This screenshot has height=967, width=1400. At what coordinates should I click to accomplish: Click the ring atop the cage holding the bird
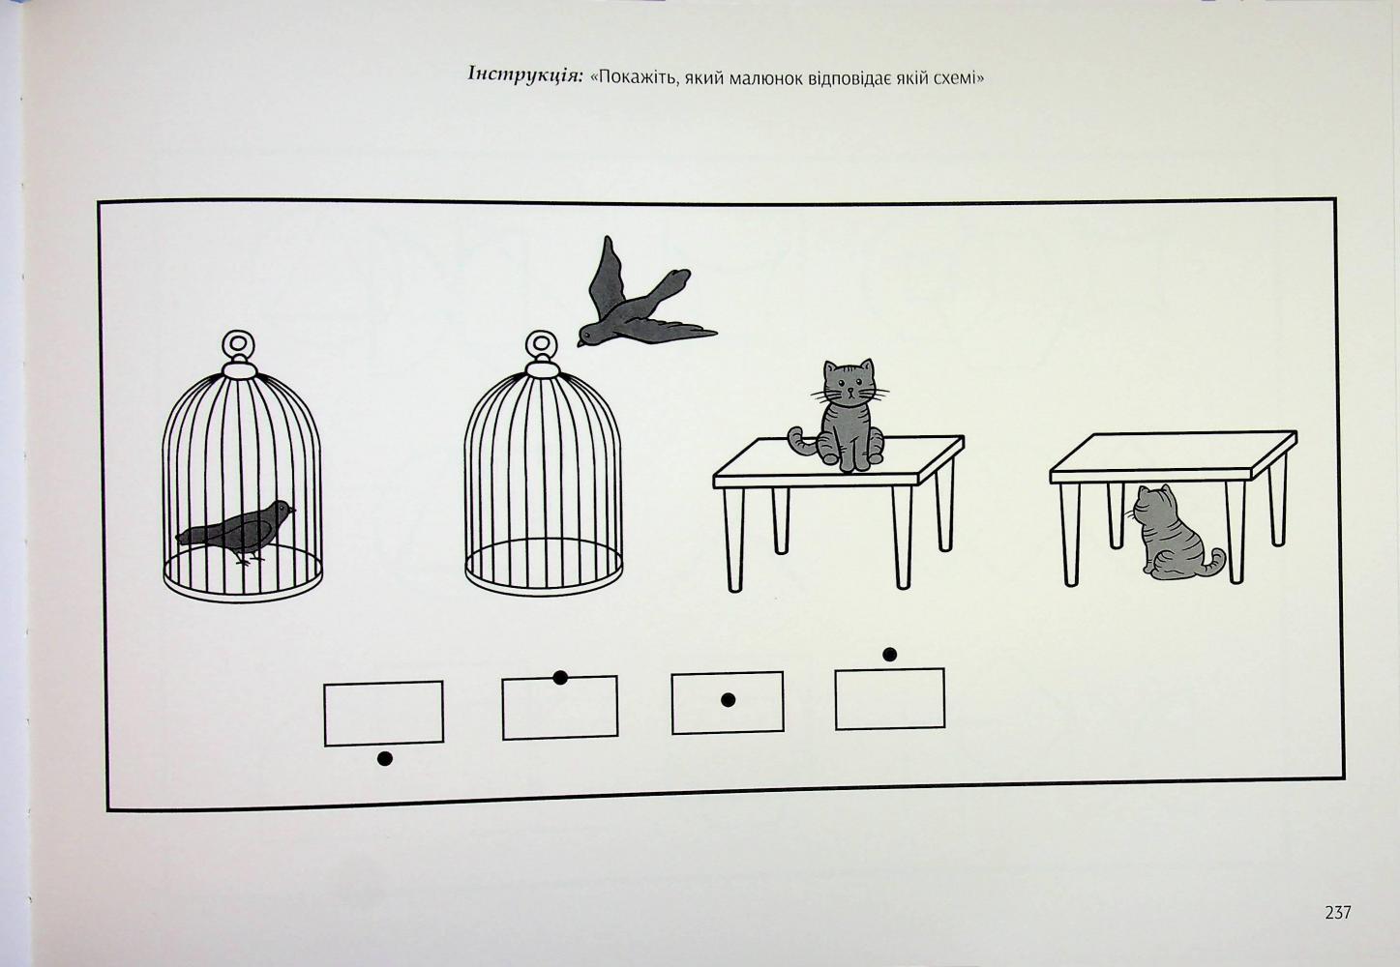239,344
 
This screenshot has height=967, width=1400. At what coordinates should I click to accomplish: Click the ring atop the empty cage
542,344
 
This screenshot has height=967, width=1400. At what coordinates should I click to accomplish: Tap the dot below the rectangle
385,759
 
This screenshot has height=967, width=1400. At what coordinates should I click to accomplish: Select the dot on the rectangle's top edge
560,678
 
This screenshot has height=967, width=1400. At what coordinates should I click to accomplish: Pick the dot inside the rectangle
728,700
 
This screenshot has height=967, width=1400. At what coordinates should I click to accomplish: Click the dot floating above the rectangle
890,655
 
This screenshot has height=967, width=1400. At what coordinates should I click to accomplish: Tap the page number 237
1337,913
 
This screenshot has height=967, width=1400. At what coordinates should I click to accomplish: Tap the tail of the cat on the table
800,441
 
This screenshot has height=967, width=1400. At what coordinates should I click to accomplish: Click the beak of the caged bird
292,510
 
